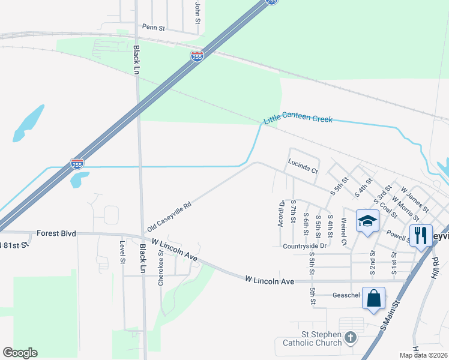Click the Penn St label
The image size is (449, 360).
153,27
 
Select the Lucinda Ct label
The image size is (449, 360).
302,166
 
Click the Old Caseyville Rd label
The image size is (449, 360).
169,217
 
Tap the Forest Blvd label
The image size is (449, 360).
56,233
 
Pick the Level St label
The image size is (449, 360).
122,253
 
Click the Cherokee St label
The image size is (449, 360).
161,268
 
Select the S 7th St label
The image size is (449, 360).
293,212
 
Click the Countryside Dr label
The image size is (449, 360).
304,246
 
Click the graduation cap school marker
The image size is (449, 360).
367,221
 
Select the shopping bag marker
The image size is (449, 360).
373,298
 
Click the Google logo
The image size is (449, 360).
20,353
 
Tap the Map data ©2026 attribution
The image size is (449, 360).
424,355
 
